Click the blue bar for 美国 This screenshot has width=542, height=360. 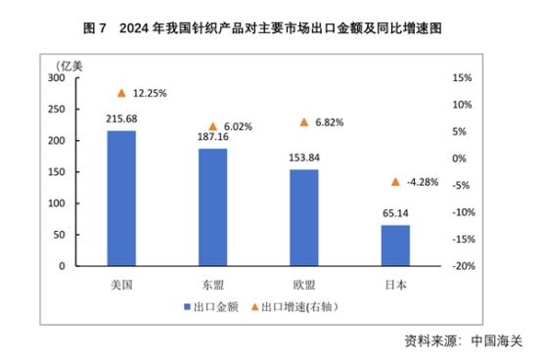click(121, 198)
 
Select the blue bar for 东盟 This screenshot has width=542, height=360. click(212, 206)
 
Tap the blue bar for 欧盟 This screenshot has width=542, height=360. click(303, 217)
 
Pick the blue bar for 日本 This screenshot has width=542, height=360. click(395, 245)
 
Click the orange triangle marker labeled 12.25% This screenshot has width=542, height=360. click(121, 93)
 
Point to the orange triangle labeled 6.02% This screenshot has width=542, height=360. click(212, 126)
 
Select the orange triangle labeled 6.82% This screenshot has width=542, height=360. click(303, 122)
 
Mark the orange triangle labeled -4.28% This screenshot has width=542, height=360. click(395, 182)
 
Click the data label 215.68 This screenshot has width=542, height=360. click(121, 119)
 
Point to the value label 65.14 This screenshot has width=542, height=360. click(395, 213)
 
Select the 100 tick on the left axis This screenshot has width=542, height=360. click(57, 202)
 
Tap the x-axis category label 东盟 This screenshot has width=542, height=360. click(212, 284)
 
